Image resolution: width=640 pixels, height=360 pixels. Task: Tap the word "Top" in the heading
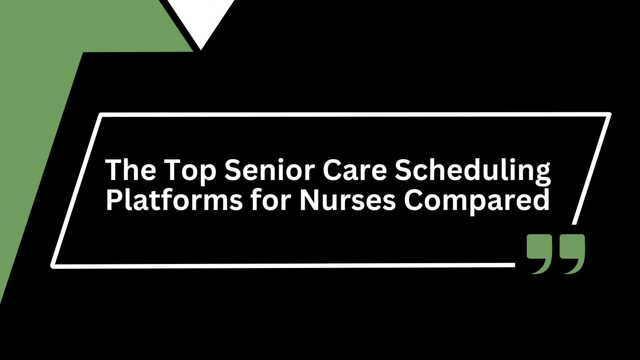(190, 172)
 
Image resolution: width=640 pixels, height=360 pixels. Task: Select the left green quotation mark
(540, 254)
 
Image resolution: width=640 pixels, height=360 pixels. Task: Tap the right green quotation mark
(572, 254)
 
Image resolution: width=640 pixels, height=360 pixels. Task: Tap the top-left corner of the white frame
(100, 114)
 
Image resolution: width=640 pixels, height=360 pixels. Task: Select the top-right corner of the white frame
(609, 114)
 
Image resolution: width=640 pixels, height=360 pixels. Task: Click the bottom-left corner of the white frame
(52, 266)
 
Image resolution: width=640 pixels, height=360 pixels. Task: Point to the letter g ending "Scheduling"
(541, 175)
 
